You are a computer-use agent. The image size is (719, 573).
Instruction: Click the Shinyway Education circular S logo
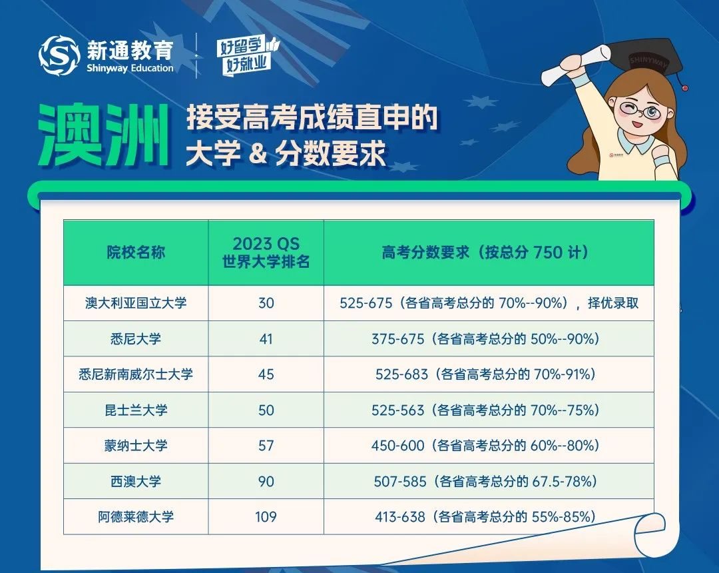click(x=59, y=55)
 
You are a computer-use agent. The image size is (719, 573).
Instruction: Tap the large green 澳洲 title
click(x=104, y=136)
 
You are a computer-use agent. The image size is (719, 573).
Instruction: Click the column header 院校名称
click(x=136, y=253)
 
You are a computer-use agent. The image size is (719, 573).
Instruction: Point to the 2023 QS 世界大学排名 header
click(x=266, y=253)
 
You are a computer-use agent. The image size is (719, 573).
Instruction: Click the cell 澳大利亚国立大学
click(x=136, y=302)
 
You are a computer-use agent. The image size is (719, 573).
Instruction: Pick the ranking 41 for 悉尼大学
click(x=266, y=339)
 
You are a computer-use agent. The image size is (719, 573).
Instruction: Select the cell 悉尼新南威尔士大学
click(x=136, y=374)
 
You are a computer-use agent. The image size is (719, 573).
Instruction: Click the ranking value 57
click(x=266, y=446)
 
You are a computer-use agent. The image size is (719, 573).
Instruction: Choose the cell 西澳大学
click(x=136, y=481)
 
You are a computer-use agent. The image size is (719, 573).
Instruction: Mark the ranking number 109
click(x=266, y=517)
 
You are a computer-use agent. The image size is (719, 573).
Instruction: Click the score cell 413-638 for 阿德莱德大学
click(x=485, y=517)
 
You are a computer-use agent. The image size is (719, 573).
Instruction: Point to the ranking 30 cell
click(x=266, y=303)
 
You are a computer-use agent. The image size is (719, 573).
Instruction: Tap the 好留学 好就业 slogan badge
click(x=248, y=57)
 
